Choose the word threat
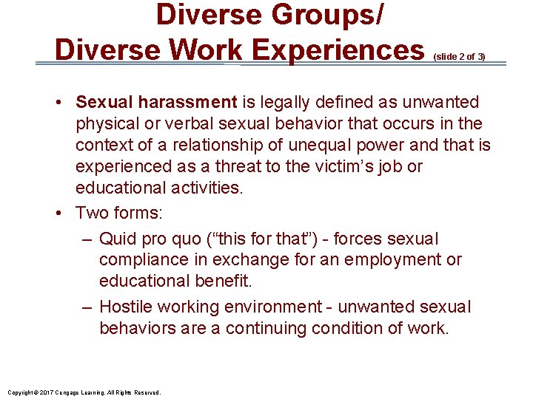pos(259,166)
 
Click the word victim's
pos(353,166)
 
